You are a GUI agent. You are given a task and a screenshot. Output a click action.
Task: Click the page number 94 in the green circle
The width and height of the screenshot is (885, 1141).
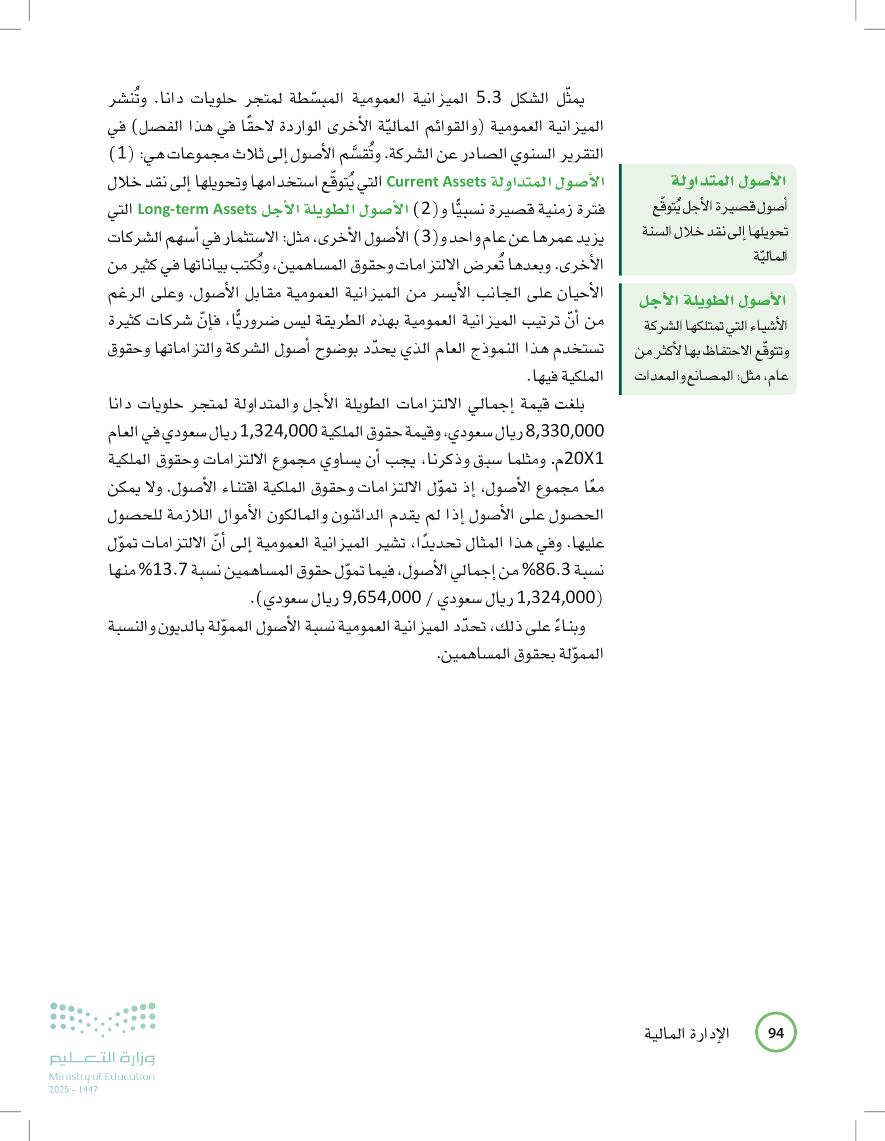pyautogui.click(x=776, y=1033)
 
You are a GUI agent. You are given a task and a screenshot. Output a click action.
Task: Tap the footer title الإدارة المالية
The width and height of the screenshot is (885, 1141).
pyautogui.click(x=686, y=1033)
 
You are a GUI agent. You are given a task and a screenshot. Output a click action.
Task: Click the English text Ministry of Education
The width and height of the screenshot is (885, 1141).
pyautogui.click(x=102, y=1076)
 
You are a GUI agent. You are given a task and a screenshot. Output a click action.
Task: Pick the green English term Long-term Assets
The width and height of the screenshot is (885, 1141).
pyautogui.click(x=197, y=209)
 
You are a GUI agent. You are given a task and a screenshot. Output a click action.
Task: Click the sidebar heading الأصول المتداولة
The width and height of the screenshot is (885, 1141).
pyautogui.click(x=728, y=181)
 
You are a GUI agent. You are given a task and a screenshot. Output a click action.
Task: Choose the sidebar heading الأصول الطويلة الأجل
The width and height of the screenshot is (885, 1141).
pyautogui.click(x=712, y=300)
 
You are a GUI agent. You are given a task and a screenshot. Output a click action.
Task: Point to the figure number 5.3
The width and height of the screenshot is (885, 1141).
pyautogui.click(x=488, y=97)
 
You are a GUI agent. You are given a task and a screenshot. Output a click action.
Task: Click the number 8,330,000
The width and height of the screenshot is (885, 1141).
pyautogui.click(x=564, y=431)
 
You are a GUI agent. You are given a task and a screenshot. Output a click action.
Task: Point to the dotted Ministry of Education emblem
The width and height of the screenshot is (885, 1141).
pyautogui.click(x=103, y=1018)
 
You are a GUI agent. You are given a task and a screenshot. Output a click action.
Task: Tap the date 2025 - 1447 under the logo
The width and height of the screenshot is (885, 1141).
pyautogui.click(x=73, y=1090)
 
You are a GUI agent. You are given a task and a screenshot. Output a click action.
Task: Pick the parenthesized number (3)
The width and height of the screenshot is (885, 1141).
pyautogui.click(x=426, y=236)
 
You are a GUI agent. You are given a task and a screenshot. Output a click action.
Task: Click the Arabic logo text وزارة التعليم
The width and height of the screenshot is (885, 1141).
pyautogui.click(x=102, y=1057)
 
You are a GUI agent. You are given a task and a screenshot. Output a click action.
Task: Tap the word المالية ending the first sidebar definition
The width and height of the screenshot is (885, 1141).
pyautogui.click(x=770, y=256)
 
